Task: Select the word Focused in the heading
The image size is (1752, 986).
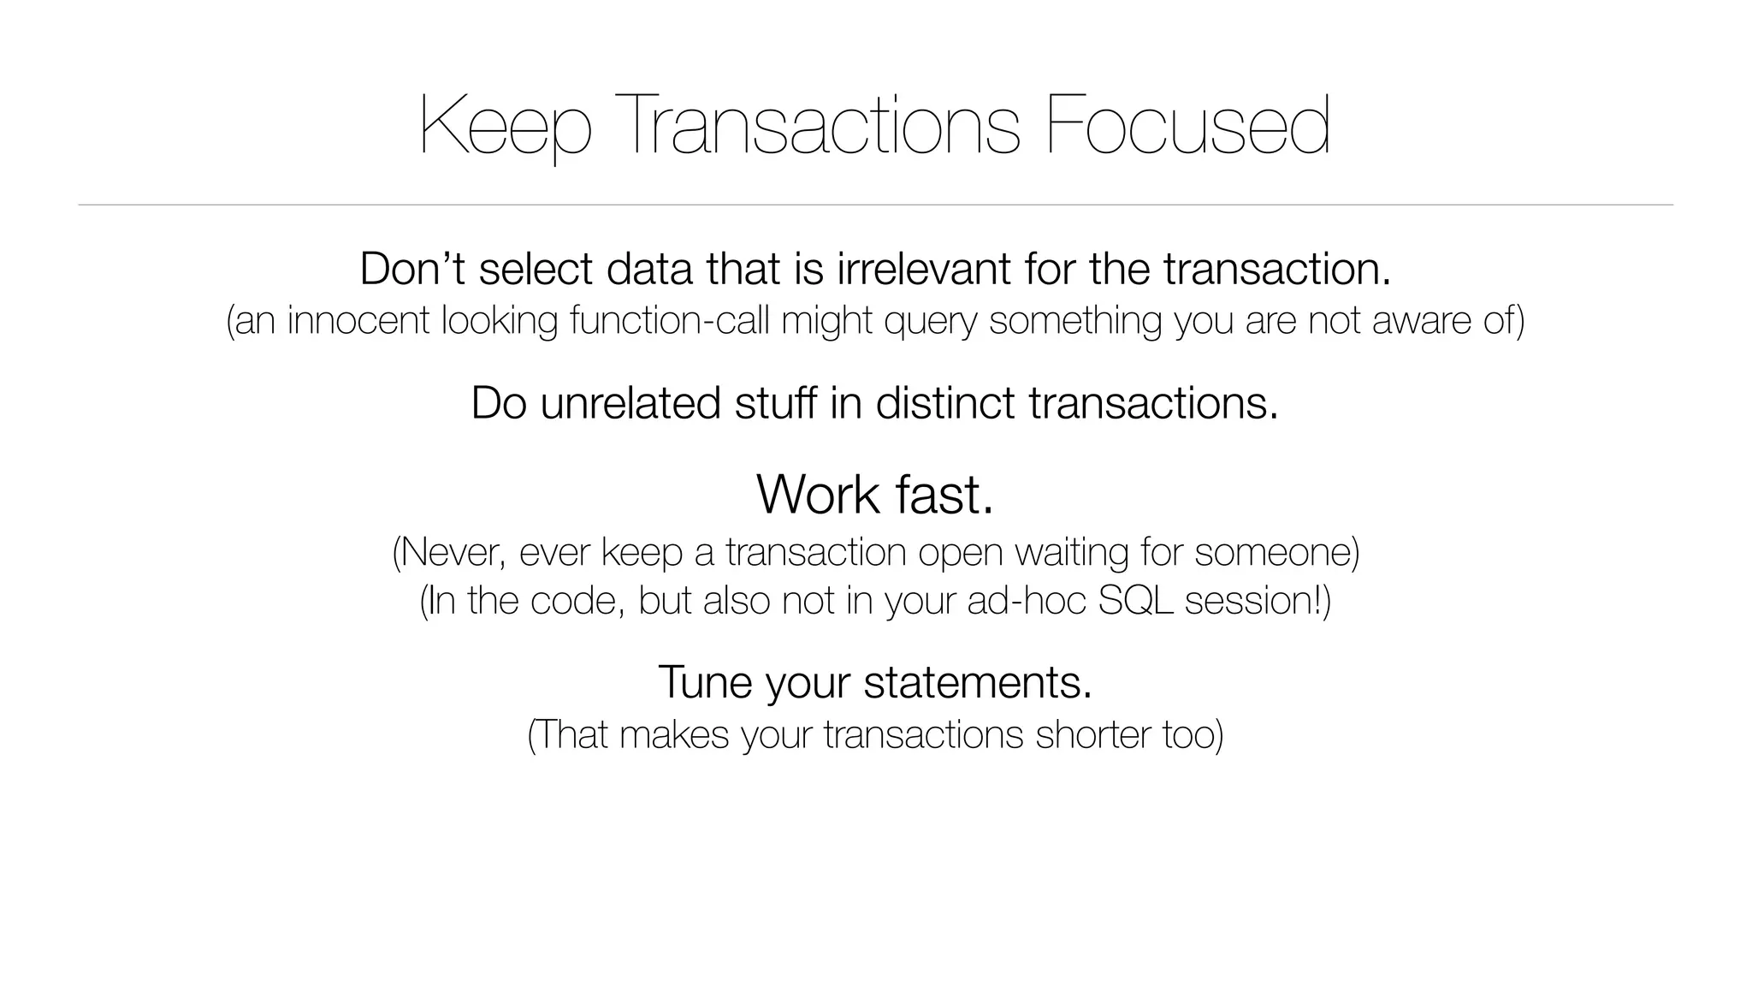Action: point(1188,126)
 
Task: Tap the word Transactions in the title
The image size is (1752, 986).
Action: point(822,126)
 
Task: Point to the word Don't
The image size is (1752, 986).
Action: point(412,269)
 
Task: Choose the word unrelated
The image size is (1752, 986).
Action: point(630,403)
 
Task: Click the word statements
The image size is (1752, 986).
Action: point(978,683)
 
